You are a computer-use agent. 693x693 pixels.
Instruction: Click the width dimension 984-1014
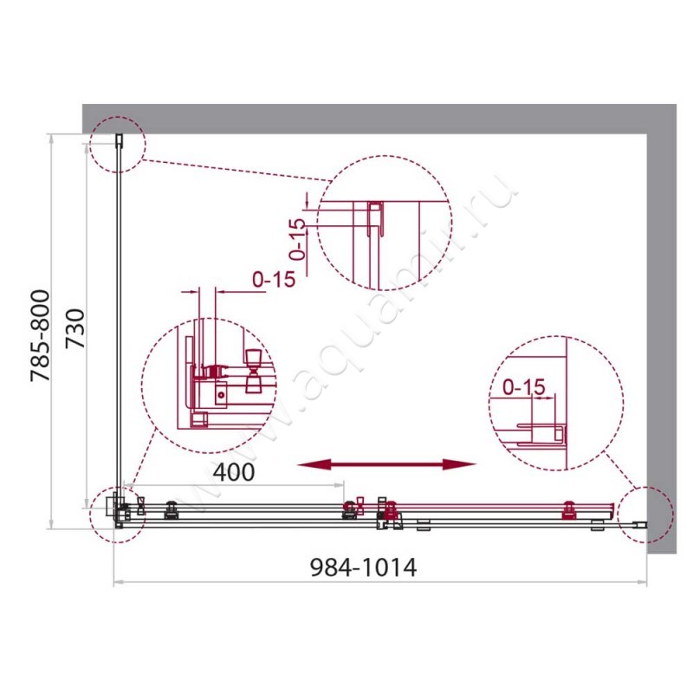tap(363, 568)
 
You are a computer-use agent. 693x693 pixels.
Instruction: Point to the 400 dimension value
tap(234, 473)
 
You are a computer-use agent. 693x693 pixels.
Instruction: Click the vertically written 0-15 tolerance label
tap(297, 240)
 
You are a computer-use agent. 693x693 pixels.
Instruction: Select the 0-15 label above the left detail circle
tap(274, 279)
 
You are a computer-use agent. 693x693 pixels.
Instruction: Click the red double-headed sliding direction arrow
tap(386, 465)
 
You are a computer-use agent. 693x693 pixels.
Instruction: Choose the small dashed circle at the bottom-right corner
tap(645, 514)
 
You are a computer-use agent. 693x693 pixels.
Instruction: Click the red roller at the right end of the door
tap(569, 511)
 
